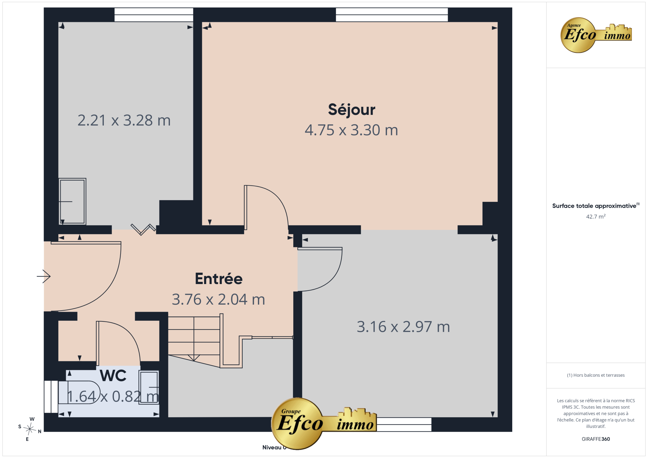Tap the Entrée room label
(x=219, y=279)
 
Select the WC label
(x=113, y=376)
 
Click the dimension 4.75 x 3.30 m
(x=351, y=130)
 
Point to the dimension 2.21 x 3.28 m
(x=124, y=121)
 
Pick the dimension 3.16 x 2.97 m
(x=403, y=327)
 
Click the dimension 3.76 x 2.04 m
(x=218, y=299)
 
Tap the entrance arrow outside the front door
(x=44, y=276)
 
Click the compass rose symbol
(x=30, y=429)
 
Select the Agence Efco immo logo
(x=596, y=35)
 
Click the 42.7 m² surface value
(x=596, y=217)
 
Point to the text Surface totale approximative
(x=594, y=206)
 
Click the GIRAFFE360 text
(x=596, y=439)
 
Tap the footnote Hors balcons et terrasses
(x=596, y=375)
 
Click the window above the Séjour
(x=392, y=15)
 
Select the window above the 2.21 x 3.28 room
(x=154, y=15)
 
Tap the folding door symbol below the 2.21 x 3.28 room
(x=143, y=229)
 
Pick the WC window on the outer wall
(x=51, y=397)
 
